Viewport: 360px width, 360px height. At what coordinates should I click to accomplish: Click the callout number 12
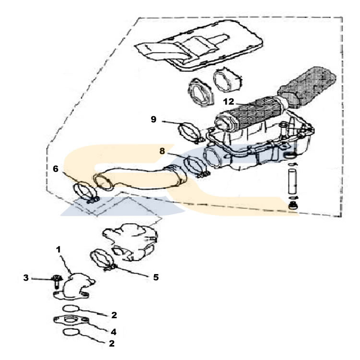[228, 101]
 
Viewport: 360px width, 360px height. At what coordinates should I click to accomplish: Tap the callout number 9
[154, 120]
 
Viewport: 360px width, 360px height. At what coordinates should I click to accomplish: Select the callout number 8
[162, 151]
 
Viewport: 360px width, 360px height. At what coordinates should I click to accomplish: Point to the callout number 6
[56, 169]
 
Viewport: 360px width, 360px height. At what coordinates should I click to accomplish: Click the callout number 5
[156, 277]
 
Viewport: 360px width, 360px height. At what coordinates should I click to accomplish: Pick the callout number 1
[58, 250]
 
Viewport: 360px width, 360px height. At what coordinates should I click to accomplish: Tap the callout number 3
[26, 278]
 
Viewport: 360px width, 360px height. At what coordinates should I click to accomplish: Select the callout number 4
[113, 332]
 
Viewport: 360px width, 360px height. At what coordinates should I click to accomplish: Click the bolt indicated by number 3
[57, 282]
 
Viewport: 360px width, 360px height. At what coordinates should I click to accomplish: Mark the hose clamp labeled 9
[189, 132]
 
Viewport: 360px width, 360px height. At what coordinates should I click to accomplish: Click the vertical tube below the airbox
[292, 181]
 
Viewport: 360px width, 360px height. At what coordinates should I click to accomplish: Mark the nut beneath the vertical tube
[293, 205]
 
